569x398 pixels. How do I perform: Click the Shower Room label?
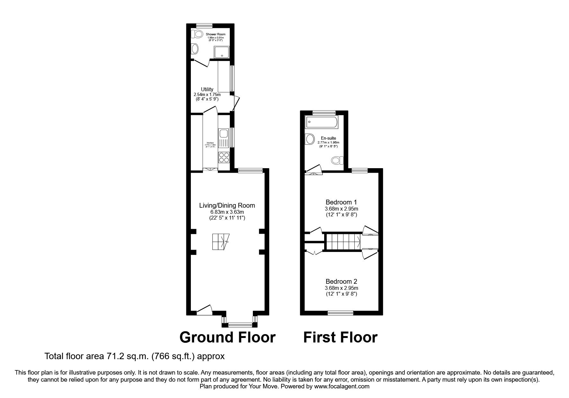216,34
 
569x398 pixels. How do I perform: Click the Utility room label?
207,89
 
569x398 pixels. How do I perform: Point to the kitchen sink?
223,137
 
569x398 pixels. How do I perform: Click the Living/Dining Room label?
227,205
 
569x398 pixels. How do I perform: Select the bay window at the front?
239,325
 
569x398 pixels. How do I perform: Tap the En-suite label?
328,138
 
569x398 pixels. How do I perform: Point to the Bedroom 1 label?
341,202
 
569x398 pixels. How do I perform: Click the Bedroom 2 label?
341,281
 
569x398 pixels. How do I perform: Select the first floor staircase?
343,242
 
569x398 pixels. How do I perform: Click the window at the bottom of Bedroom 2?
340,312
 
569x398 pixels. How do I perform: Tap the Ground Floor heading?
227,337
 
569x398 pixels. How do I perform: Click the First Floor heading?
340,337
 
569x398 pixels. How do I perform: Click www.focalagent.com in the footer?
342,386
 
